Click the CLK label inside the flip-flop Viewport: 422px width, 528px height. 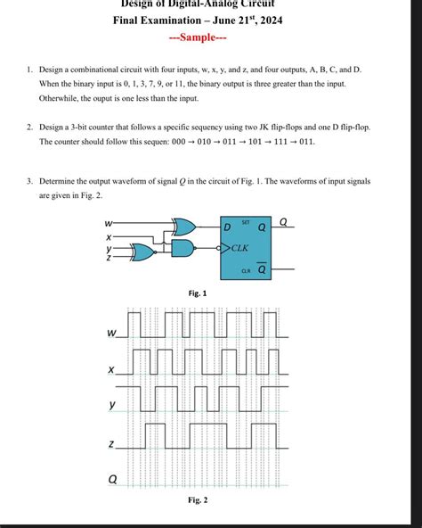(x=239, y=247)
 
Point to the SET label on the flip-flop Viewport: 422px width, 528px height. (x=245, y=220)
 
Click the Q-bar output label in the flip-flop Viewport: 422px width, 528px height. (x=262, y=268)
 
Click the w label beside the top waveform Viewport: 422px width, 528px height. (x=111, y=333)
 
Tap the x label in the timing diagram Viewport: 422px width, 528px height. (x=111, y=369)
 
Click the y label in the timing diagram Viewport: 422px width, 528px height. (x=112, y=405)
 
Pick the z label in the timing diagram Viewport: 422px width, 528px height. (x=111, y=443)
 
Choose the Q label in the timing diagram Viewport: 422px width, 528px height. (x=112, y=479)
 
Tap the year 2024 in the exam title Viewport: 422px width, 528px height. (x=269, y=20)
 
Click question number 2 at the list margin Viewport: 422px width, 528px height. (x=29, y=128)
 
